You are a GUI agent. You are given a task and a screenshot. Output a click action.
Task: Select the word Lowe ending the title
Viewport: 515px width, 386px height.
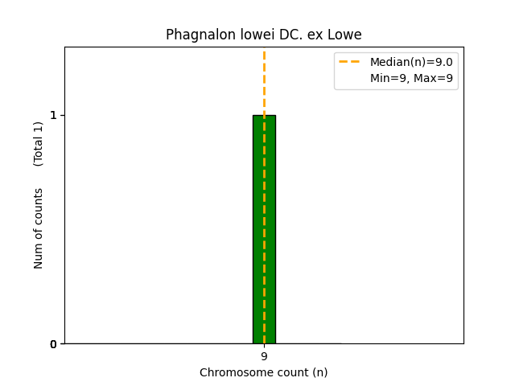click(x=345, y=35)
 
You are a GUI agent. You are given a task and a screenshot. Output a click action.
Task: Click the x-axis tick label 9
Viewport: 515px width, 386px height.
click(x=264, y=356)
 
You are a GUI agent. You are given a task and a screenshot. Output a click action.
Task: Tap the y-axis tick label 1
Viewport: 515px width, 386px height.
click(x=54, y=115)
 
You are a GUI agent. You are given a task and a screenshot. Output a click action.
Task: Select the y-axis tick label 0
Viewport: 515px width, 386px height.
click(x=54, y=344)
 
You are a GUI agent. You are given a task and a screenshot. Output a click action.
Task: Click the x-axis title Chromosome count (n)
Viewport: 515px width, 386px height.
click(x=264, y=372)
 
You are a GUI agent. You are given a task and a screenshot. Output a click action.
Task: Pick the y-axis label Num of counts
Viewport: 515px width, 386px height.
click(x=39, y=228)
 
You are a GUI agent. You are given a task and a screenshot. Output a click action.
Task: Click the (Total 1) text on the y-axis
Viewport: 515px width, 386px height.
click(x=39, y=144)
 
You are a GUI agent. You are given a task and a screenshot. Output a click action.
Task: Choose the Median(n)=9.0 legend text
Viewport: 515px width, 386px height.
click(x=411, y=62)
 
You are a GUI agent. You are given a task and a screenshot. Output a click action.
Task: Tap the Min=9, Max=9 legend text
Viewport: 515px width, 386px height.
click(x=411, y=78)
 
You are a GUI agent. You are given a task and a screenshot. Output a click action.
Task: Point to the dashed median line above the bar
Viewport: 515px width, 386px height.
click(x=264, y=80)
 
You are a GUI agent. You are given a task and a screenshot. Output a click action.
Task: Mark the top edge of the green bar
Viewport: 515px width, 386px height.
click(x=264, y=115)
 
